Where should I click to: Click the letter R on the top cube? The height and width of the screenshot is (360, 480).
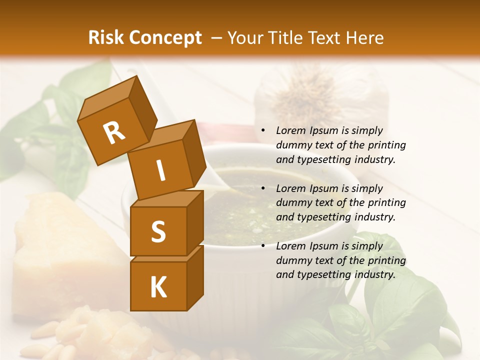click(114, 133)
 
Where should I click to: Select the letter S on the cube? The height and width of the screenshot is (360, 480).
click(158, 231)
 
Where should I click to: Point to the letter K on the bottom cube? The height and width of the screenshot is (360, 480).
click(158, 287)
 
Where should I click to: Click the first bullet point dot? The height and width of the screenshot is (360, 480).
click(263, 131)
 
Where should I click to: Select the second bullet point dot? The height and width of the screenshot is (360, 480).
click(263, 189)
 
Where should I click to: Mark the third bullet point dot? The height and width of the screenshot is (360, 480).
click(263, 246)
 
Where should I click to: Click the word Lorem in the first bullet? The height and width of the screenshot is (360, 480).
click(290, 131)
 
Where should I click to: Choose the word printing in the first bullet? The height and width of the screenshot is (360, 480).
click(387, 145)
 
